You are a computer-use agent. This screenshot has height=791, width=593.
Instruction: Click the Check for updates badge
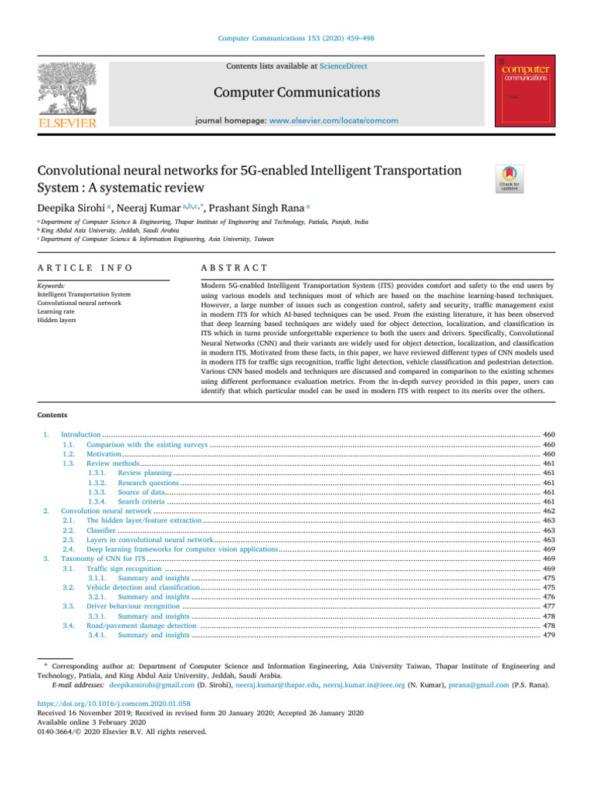[x=512, y=179]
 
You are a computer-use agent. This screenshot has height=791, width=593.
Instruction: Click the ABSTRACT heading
[x=234, y=267]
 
